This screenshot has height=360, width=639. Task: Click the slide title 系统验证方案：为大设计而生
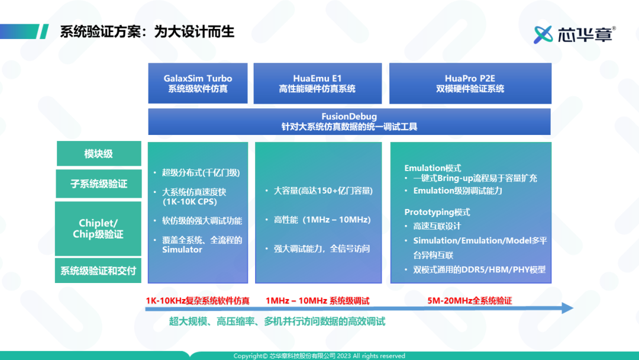point(147,31)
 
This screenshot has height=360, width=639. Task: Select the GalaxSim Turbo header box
point(198,83)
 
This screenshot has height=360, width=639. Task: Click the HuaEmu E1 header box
point(317,83)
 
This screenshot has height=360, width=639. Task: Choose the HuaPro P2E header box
point(470,83)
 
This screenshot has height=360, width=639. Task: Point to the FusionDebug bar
point(349,121)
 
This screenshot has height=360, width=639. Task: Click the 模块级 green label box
point(99,154)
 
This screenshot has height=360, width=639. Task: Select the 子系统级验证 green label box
point(99,184)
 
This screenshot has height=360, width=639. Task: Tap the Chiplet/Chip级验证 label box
point(99,229)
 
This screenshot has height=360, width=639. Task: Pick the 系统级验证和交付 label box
point(99,271)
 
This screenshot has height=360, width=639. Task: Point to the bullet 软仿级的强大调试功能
point(202,221)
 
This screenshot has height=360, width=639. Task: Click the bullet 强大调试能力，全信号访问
point(322,249)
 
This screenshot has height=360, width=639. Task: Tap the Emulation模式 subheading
point(433,168)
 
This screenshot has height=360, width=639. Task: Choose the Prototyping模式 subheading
point(437,212)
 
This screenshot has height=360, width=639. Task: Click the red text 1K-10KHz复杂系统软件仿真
point(198,301)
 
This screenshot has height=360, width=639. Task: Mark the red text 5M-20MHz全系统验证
point(470,301)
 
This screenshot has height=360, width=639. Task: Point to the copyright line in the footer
point(319,356)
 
